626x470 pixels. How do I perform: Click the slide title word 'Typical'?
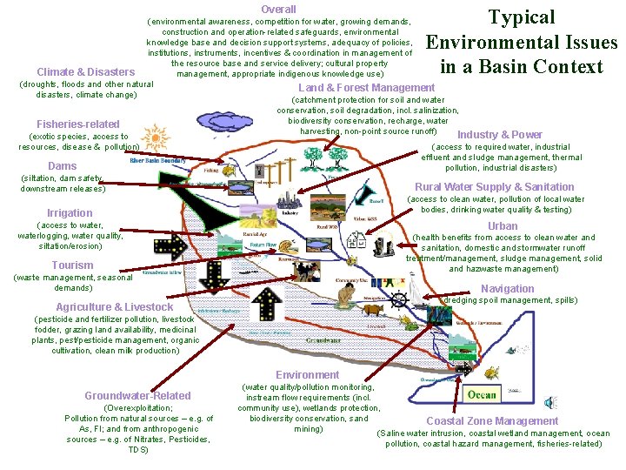click(522, 17)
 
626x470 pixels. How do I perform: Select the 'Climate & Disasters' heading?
click(86, 72)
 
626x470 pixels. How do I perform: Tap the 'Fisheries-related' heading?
click(78, 124)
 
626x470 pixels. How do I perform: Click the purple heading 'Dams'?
click(63, 166)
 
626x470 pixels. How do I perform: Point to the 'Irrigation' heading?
click(70, 213)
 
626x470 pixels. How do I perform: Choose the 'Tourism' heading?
click(72, 265)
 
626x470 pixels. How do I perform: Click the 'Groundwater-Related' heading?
click(137, 396)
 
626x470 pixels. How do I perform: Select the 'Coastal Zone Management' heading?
click(492, 421)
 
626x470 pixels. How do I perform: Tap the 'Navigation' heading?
click(508, 289)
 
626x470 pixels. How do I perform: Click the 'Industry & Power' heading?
click(500, 135)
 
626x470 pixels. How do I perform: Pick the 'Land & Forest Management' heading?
click(366, 87)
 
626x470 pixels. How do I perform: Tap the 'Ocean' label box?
click(482, 394)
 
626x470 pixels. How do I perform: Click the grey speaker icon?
click(549, 402)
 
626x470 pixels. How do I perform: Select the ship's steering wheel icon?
click(397, 301)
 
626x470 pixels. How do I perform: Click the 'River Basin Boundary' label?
click(158, 161)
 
